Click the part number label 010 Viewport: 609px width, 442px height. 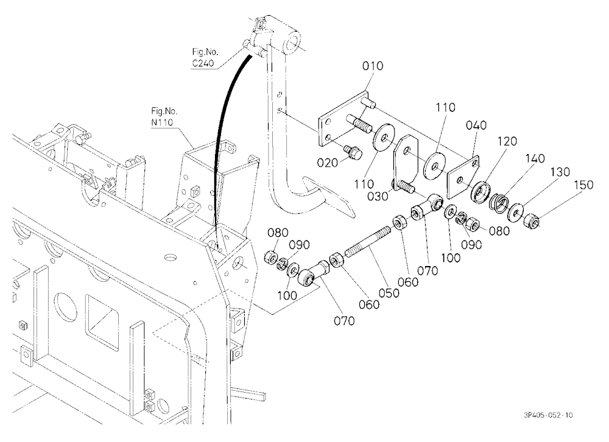[373, 66]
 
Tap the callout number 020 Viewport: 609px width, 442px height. [328, 163]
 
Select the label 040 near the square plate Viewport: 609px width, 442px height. [476, 125]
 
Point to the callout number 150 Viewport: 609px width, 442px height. [583, 184]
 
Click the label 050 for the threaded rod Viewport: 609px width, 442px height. [389, 292]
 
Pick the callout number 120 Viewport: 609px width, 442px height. [507, 141]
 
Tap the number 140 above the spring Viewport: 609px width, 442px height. [535, 158]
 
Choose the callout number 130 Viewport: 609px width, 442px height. [560, 172]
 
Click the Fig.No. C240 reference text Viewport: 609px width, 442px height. [205, 57]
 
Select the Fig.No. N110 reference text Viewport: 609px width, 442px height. [164, 116]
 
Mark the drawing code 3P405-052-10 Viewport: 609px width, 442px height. [548, 415]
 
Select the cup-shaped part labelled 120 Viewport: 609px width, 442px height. [481, 191]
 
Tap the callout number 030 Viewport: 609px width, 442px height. [378, 197]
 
